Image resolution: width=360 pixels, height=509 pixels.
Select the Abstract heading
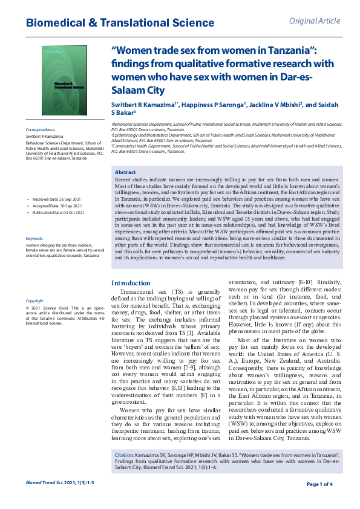tap(125, 172)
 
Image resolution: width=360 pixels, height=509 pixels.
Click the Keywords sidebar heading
tap(34, 239)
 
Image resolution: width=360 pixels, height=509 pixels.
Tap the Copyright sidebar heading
tap(34, 300)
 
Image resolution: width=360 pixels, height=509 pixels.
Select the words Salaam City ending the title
tap(139, 91)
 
